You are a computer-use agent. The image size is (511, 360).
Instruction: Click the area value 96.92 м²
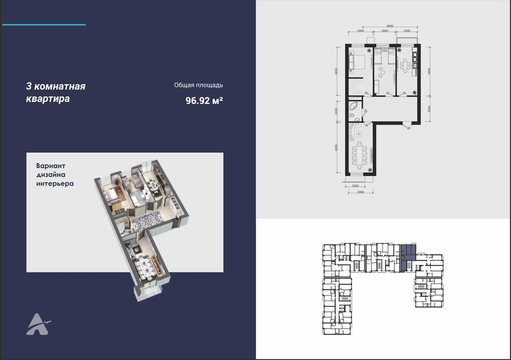(204, 101)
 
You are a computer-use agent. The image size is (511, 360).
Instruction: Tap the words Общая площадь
(198, 85)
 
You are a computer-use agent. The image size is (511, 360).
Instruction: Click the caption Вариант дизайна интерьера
(55, 175)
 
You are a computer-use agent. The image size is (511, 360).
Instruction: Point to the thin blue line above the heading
(44, 25)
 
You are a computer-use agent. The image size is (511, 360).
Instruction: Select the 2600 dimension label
(385, 31)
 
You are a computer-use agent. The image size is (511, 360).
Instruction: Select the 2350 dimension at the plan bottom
(354, 186)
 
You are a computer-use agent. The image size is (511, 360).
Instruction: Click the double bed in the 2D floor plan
(358, 62)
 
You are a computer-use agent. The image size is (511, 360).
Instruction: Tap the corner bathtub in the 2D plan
(354, 106)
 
